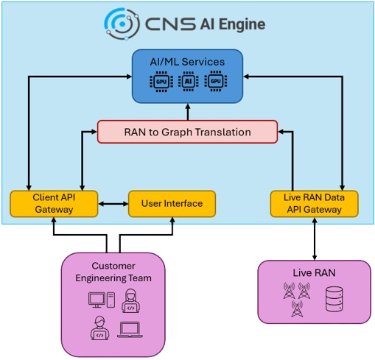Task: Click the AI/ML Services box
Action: click(x=187, y=77)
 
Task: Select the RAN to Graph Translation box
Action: click(x=187, y=132)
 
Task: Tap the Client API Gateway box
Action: click(x=54, y=204)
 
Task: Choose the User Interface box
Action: click(x=172, y=204)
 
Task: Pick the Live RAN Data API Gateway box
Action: click(x=314, y=204)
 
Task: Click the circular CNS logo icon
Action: click(x=122, y=24)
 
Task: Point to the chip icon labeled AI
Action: click(x=189, y=81)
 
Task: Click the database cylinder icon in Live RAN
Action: click(x=334, y=299)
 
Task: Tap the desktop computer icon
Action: click(x=102, y=300)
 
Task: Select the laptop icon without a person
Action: click(x=130, y=330)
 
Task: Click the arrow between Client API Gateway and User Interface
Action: click(x=113, y=204)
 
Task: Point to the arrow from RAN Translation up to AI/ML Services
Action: click(x=188, y=112)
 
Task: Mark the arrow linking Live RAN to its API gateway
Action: click(x=315, y=239)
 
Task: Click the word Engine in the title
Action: click(x=242, y=25)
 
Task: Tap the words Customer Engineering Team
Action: click(x=113, y=272)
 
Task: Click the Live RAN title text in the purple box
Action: click(x=314, y=273)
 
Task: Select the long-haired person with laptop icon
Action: click(x=131, y=300)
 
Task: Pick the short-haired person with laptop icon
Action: click(x=99, y=328)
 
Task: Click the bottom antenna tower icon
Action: click(x=297, y=308)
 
